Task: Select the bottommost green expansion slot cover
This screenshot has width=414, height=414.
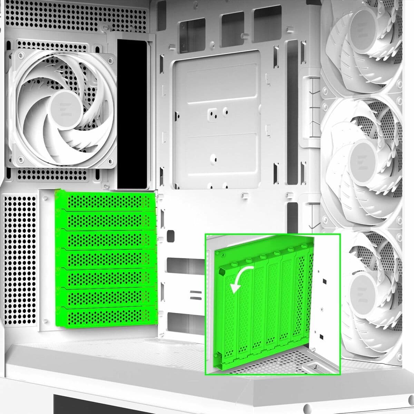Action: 103,317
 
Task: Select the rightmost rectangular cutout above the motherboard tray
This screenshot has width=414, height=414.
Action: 268,19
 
